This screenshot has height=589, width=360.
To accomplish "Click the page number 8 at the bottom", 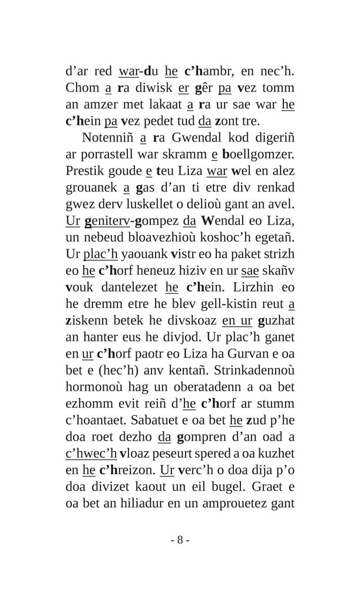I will (180, 540).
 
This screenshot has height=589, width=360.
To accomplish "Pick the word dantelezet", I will (125, 287).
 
